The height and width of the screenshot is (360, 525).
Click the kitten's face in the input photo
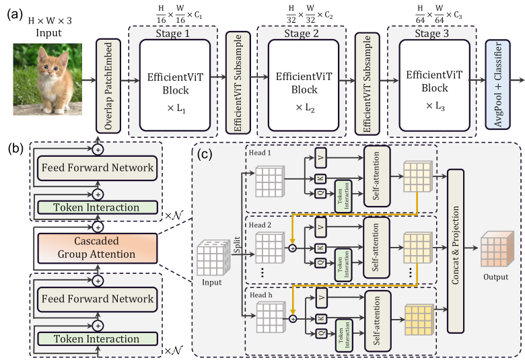(49, 64)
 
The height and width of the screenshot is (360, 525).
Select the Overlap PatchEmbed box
(108, 85)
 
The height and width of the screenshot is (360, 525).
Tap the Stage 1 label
(172, 34)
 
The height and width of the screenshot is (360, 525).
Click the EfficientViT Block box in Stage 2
(304, 85)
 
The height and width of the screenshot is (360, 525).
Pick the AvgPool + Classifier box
(498, 84)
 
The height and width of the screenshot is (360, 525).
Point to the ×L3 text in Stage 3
(435, 106)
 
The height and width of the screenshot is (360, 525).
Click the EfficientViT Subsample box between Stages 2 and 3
(367, 83)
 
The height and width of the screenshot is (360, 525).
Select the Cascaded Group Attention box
(98, 248)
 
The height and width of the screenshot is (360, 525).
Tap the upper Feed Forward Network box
(98, 168)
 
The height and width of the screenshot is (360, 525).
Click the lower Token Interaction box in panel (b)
(98, 338)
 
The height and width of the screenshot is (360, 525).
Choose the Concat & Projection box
(456, 251)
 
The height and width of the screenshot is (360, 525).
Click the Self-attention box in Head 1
(377, 176)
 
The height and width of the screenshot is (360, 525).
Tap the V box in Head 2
(321, 227)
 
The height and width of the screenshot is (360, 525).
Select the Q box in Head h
(321, 333)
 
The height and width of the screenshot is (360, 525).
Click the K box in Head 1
(320, 178)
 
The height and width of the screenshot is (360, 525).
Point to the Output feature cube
(497, 249)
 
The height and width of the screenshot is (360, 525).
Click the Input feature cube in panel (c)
(213, 258)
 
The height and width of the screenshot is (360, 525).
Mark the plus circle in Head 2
(293, 248)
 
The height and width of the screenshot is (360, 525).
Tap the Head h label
(261, 295)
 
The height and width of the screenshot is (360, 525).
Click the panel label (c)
(205, 153)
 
